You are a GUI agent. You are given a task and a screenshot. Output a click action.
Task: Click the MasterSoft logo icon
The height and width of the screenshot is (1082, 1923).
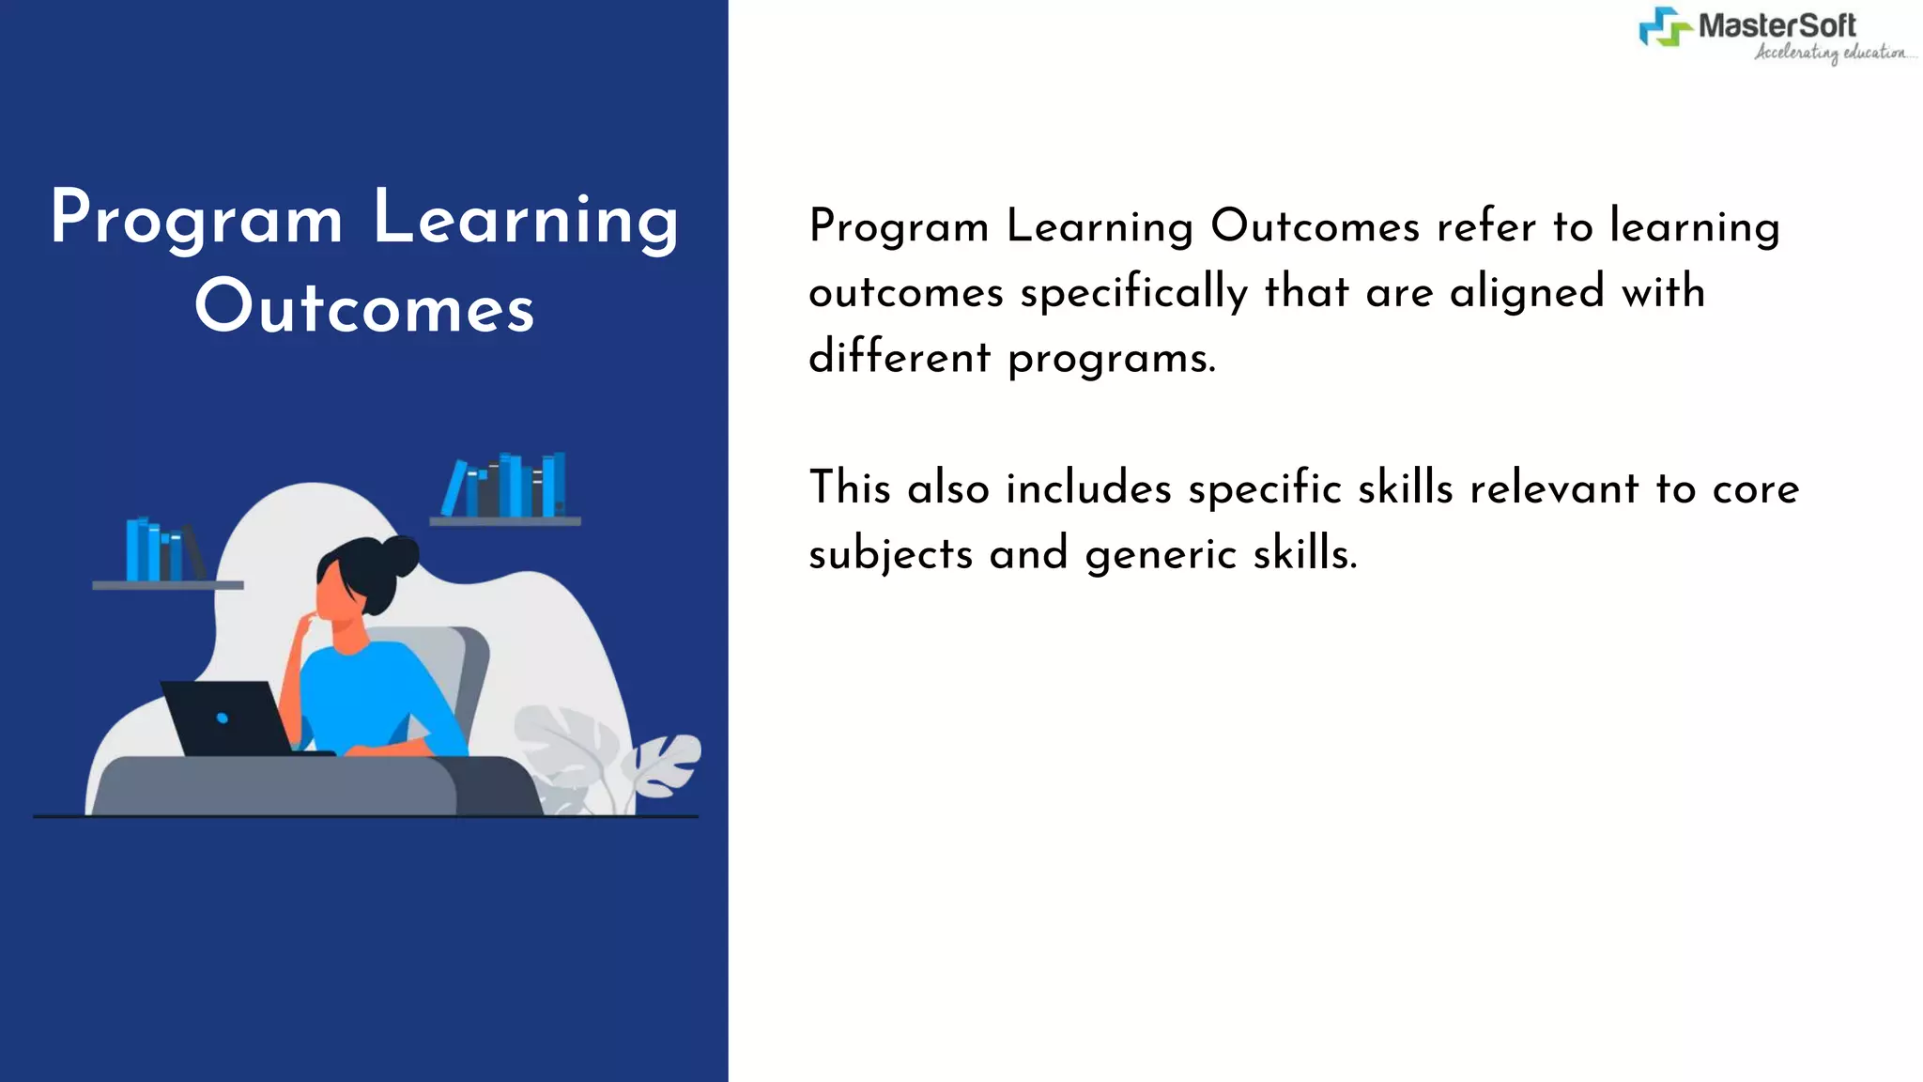click(1666, 27)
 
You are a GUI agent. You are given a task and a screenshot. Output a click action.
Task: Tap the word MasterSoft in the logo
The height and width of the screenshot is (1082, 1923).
click(1777, 25)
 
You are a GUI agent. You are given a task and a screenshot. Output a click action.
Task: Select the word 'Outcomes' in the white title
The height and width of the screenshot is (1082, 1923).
click(364, 307)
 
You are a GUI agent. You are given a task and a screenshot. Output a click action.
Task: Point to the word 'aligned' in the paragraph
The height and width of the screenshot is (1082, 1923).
click(1527, 292)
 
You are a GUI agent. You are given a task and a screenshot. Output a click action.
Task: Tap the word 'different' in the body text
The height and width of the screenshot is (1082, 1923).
click(899, 357)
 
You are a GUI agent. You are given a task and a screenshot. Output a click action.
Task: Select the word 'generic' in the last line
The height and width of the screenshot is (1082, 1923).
click(1161, 554)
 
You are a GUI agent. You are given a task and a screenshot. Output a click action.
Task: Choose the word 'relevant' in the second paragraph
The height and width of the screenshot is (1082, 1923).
click(1554, 488)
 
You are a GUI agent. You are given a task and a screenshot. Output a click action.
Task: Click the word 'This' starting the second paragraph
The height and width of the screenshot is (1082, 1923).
click(850, 488)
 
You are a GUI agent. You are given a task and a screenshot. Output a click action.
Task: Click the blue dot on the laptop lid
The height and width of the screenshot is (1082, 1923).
click(223, 719)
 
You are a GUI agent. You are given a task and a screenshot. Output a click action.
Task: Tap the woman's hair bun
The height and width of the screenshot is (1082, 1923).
click(401, 555)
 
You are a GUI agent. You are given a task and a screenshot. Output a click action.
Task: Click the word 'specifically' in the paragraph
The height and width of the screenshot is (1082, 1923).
click(1133, 292)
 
